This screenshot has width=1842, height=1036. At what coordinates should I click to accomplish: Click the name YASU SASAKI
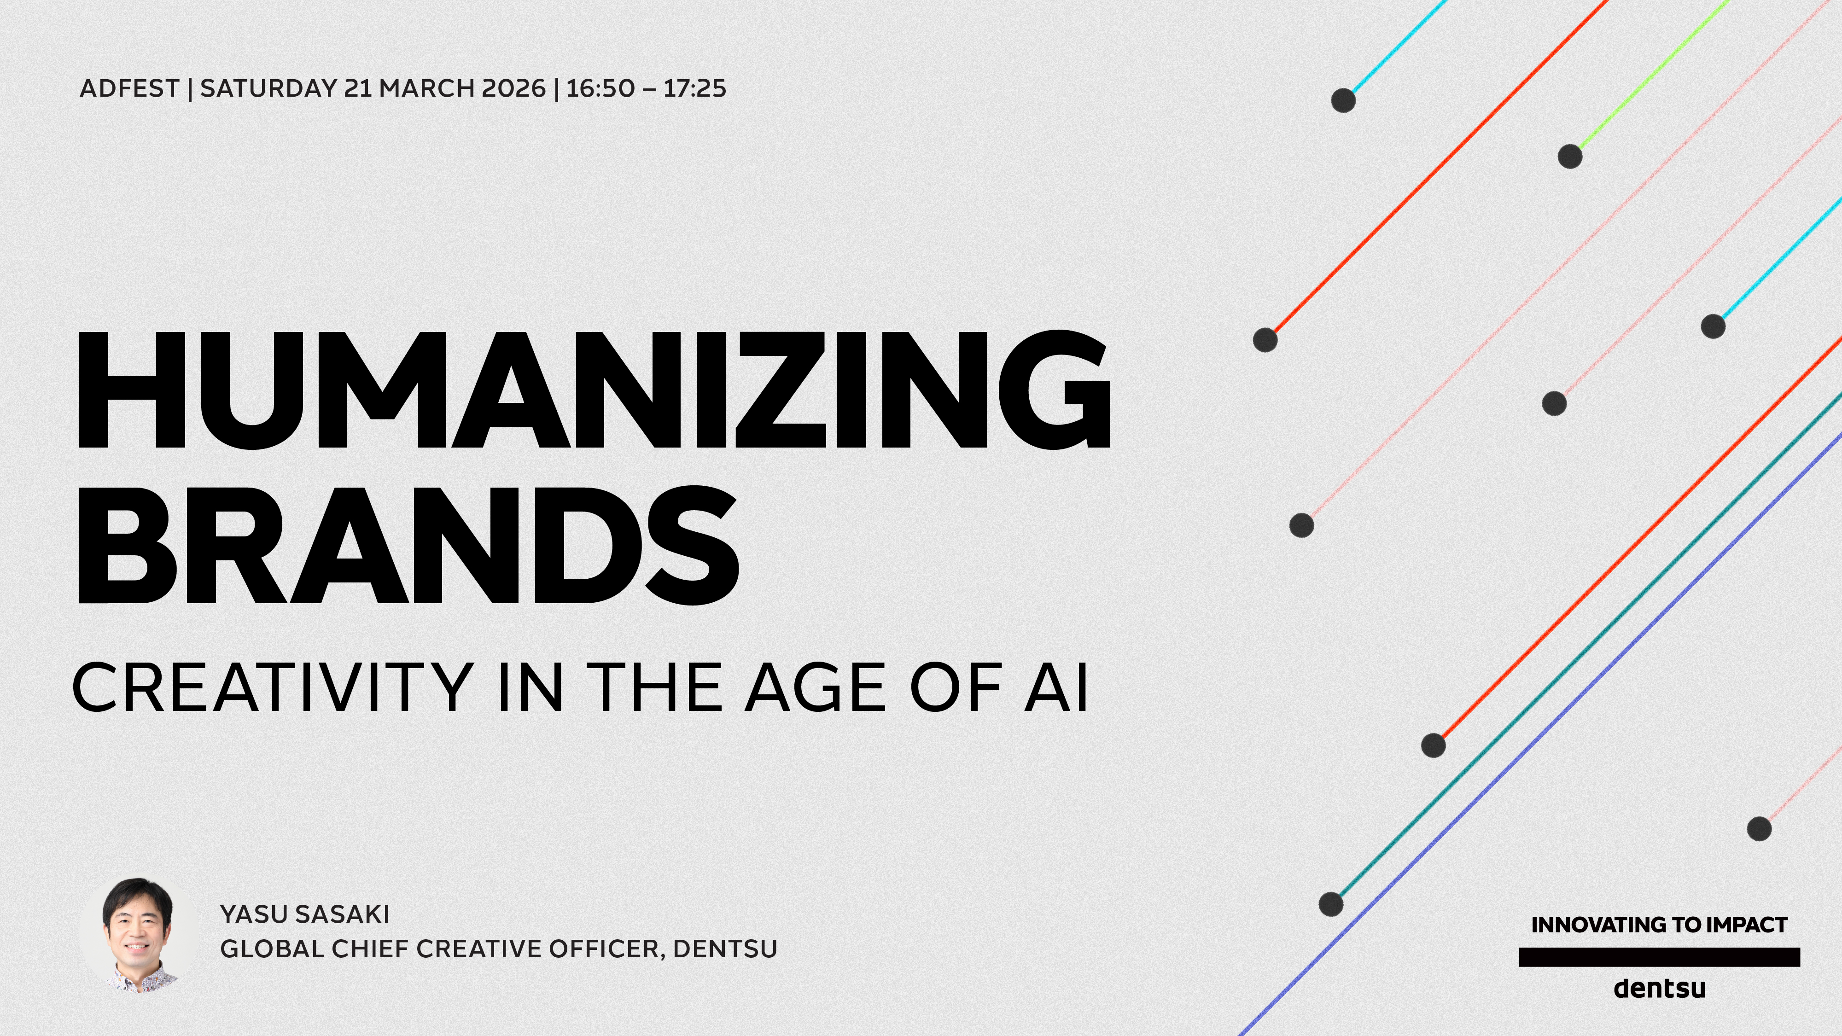coord(304,914)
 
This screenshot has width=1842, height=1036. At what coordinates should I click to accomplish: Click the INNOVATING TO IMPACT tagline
coord(1659,925)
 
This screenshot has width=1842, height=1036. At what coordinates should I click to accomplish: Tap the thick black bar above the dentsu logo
coord(1659,957)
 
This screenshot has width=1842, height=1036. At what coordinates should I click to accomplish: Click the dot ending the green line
coord(1569,156)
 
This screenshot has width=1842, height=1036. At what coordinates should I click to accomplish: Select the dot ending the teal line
coord(1331,904)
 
